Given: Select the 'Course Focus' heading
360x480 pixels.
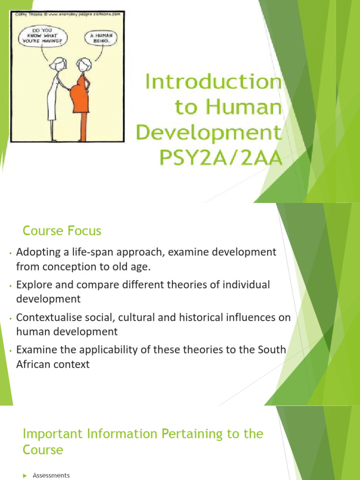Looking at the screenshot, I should pyautogui.click(x=62, y=231).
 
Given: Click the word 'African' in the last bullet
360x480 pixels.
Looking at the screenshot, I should pyautogui.click(x=34, y=364).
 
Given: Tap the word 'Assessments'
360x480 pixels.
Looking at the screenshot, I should pyautogui.click(x=51, y=475).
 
